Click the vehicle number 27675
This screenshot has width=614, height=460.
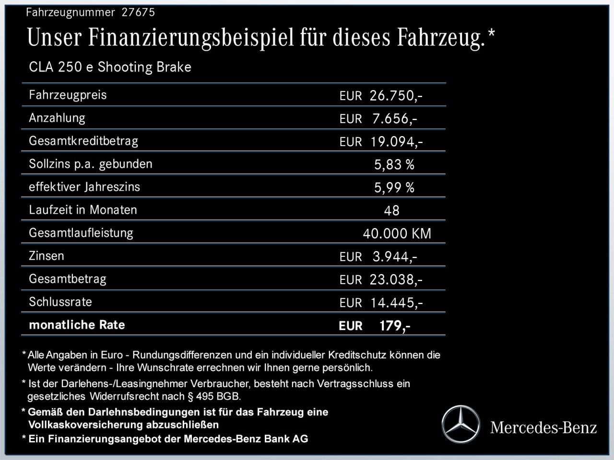[138, 12]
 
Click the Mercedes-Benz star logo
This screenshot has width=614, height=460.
[460, 425]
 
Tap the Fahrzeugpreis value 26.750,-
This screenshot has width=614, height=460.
[396, 95]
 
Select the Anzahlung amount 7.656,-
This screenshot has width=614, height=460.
[394, 118]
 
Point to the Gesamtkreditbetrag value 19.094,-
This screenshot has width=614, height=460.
[396, 141]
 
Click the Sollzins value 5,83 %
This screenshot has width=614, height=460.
[394, 165]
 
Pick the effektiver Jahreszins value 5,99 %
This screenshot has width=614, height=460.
[394, 188]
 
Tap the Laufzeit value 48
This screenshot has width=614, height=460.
[391, 210]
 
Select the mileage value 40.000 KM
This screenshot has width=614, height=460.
[397, 234]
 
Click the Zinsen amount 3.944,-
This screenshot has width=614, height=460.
[394, 257]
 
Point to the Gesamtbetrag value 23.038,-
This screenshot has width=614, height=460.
[396, 279]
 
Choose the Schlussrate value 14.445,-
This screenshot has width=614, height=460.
[396, 303]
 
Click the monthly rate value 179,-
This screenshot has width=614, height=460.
[394, 326]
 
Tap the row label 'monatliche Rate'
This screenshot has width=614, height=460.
[77, 325]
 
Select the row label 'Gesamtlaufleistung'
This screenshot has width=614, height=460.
[81, 233]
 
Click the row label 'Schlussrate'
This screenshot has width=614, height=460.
[60, 302]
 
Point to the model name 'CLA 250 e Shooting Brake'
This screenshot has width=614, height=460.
[110, 67]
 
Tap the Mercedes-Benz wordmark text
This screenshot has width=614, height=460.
[543, 427]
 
